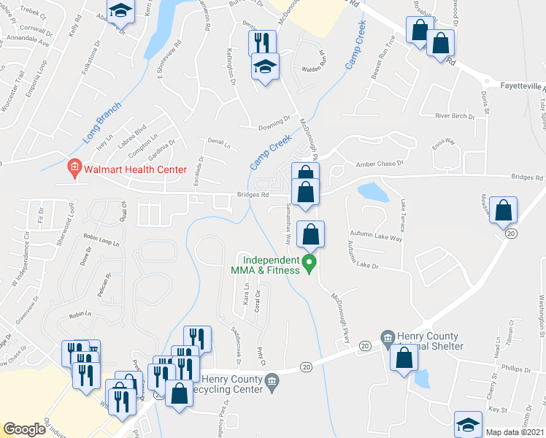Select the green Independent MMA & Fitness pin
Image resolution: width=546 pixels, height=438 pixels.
coord(309,262)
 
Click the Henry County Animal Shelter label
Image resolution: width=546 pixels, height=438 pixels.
coord(430,340)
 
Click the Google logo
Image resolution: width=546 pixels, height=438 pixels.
coord(24,429)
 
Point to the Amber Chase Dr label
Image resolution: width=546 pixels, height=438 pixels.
coord(378,164)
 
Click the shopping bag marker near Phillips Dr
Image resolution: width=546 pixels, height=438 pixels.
coord(403,358)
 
